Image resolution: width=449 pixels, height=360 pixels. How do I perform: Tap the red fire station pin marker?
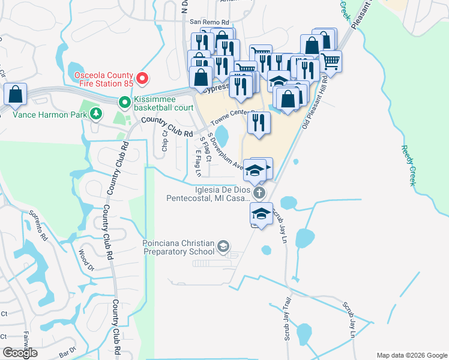(142, 78)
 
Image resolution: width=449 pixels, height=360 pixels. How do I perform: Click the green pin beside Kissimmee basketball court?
(125, 103)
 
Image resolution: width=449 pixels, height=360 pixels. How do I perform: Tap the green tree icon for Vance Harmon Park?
(95, 113)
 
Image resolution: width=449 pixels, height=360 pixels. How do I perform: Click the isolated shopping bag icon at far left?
(15, 95)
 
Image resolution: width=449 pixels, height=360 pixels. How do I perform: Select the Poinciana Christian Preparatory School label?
(178, 247)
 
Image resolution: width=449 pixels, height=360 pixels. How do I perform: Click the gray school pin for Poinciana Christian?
(223, 246)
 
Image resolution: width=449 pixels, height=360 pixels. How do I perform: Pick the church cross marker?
(259, 193)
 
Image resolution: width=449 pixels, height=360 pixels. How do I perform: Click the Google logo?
(20, 353)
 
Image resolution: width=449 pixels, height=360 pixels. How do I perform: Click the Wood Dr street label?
(83, 260)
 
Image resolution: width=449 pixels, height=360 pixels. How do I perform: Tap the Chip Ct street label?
(164, 142)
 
